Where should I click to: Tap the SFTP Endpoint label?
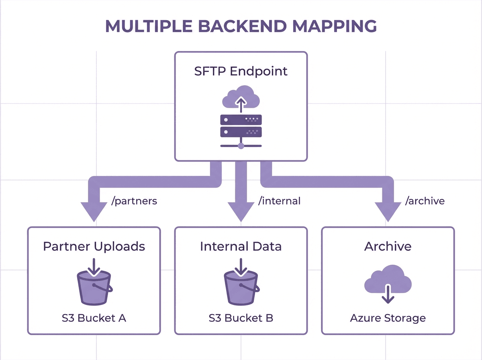(x=241, y=72)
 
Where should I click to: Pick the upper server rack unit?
(x=241, y=120)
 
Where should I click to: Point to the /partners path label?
(x=134, y=201)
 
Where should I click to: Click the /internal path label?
(x=280, y=201)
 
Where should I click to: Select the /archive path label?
(x=425, y=201)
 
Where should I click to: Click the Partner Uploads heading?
(x=94, y=246)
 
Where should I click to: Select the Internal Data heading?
(x=241, y=246)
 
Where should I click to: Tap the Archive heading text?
(x=388, y=246)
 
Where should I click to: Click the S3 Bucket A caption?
(x=94, y=318)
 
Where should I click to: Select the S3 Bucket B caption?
(x=241, y=318)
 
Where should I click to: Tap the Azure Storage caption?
(x=388, y=318)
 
